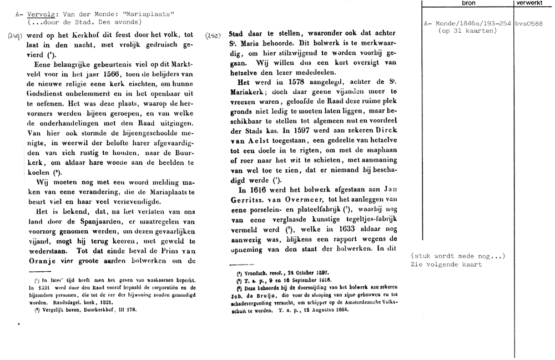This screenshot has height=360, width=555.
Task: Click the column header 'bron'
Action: (468, 3)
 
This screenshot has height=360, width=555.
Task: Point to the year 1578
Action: (273, 83)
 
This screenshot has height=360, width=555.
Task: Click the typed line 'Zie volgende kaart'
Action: (446, 264)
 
